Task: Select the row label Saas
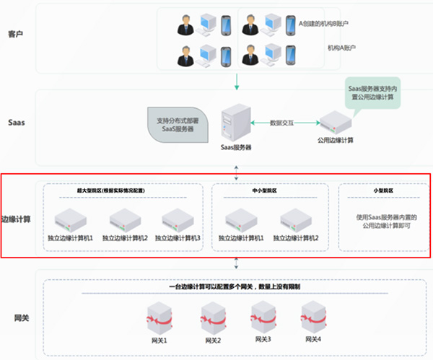(x=17, y=122)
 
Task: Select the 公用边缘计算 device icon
(x=337, y=121)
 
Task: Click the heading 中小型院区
(x=268, y=191)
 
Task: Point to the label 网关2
(x=211, y=339)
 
